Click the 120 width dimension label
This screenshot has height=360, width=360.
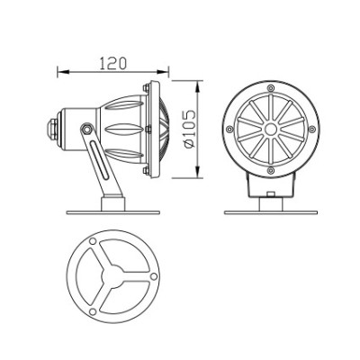[x=111, y=64]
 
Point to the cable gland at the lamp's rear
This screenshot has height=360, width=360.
[x=53, y=129]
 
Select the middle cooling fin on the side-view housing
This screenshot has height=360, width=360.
[x=121, y=129]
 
